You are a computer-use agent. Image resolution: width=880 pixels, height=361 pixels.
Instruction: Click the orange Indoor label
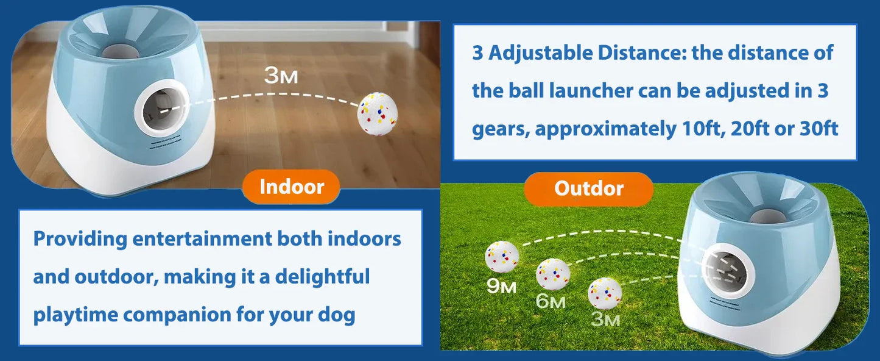[x=291, y=187]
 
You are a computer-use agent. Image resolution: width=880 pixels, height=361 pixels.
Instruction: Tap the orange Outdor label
[x=588, y=188]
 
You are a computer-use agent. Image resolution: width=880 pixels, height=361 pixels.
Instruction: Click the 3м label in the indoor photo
[x=281, y=76]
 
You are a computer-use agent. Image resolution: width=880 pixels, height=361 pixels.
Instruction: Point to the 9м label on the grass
[x=501, y=285]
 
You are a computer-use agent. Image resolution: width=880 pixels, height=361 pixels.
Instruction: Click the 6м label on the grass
[x=551, y=301]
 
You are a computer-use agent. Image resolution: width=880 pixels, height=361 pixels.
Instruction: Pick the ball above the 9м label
[x=502, y=257]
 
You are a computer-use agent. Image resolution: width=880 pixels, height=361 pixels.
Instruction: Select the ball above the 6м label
[x=552, y=274]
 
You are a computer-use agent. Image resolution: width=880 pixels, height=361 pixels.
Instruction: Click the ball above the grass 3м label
[x=604, y=293]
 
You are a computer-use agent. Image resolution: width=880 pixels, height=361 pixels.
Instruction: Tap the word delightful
[x=322, y=277]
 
